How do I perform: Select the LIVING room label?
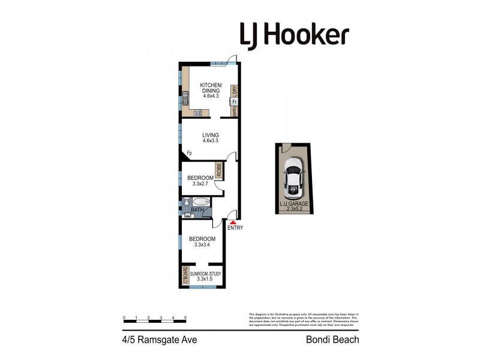pos(211,134)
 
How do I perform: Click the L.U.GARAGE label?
pos(293,204)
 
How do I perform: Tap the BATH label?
pos(197,210)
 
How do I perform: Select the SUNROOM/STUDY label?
pos(206,274)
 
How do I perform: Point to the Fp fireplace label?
pos(189,152)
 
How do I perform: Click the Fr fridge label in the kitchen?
pos(234,101)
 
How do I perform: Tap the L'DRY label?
pos(235,91)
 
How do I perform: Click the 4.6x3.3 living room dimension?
pos(211,142)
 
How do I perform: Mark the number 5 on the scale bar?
pos(185,317)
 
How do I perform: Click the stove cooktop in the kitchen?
pos(197,112)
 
